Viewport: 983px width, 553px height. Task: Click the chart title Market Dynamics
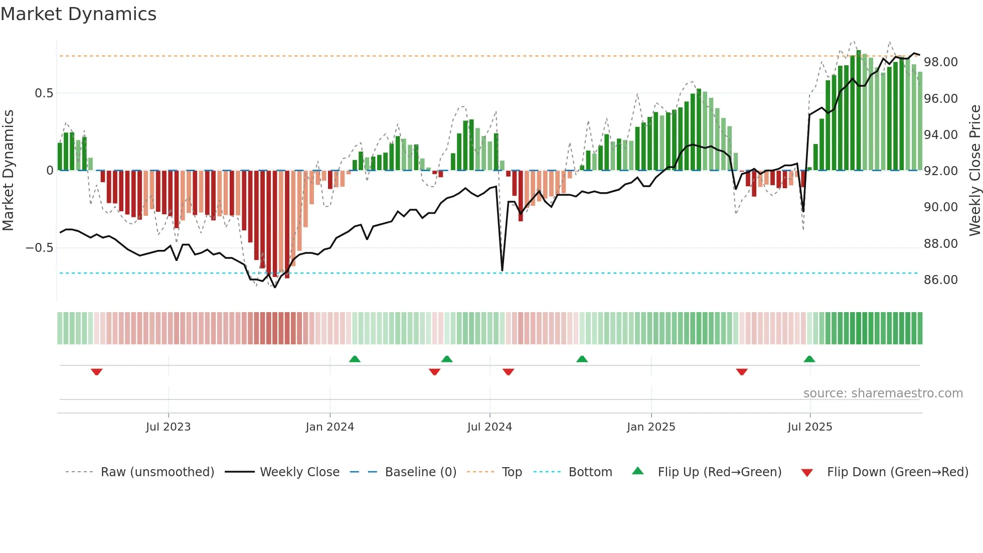tap(79, 14)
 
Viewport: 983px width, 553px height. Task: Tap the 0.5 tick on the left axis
tap(44, 93)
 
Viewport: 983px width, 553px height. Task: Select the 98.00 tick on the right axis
tap(940, 62)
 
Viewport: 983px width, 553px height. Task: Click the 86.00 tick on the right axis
tap(940, 280)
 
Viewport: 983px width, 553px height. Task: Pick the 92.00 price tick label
tap(940, 171)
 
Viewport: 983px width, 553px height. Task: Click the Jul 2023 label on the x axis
tap(168, 427)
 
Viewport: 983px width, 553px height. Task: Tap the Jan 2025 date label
tap(650, 427)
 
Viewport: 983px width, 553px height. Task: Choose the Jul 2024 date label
tap(489, 427)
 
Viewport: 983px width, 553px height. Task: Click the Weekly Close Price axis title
tap(974, 170)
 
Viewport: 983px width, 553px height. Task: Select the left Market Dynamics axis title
tap(9, 170)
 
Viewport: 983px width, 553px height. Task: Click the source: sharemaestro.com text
tap(883, 393)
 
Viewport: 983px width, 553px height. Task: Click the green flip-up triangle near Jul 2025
tap(809, 359)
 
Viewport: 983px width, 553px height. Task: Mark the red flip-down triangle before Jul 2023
tap(97, 371)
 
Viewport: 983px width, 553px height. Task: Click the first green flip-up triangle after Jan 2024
tap(355, 359)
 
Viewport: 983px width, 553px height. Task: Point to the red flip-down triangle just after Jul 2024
tap(508, 371)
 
